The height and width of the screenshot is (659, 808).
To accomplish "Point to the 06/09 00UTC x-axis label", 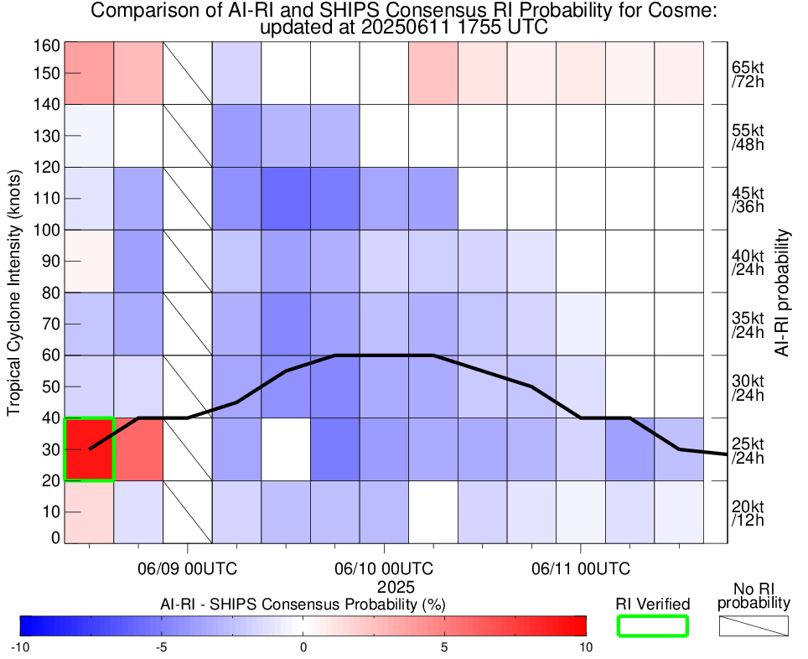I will [187, 568].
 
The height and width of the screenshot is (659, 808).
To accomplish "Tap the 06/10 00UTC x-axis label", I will [385, 568].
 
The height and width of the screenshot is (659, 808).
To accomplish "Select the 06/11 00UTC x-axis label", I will [580, 568].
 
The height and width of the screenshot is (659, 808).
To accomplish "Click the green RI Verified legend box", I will [652, 625].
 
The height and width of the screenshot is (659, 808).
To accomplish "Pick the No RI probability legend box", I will [754, 625].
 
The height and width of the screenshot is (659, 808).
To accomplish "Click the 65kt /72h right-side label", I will [747, 73].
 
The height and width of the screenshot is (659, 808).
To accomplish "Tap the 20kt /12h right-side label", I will [747, 513].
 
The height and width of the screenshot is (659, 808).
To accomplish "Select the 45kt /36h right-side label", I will [747, 199].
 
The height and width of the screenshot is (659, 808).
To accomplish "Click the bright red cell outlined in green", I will [89, 449].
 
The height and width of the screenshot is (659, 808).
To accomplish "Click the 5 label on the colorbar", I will [444, 647].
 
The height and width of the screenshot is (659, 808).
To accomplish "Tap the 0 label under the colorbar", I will [303, 647].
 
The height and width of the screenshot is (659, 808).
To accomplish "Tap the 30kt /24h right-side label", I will [747, 387].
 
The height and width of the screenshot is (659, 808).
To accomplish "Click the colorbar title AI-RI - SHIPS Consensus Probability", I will [303, 605].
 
